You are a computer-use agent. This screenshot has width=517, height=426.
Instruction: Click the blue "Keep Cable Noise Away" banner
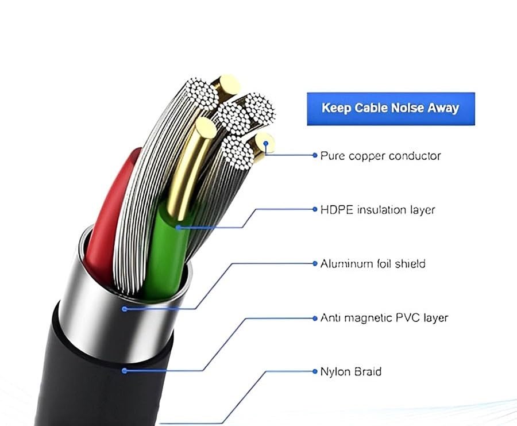[391, 109]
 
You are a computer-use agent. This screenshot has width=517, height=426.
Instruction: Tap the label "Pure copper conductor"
[380, 156]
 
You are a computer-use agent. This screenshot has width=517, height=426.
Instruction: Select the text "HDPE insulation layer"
[377, 209]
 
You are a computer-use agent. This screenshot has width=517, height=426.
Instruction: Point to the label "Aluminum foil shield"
[373, 264]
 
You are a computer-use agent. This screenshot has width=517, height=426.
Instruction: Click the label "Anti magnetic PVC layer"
[384, 318]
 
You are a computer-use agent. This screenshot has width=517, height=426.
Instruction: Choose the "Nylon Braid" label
[351, 371]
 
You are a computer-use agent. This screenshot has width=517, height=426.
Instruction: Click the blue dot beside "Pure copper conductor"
[315, 155]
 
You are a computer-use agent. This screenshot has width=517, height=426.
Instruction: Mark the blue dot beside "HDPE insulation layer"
[315, 209]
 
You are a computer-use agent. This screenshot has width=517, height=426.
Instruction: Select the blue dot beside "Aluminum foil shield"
[315, 263]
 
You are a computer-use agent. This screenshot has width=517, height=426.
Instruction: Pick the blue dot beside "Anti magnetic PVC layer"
[315, 318]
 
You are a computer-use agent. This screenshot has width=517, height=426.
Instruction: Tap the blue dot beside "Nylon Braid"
[315, 371]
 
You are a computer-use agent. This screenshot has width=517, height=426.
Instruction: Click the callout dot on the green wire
[178, 227]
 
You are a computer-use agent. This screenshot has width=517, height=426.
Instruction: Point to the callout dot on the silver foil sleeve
[124, 309]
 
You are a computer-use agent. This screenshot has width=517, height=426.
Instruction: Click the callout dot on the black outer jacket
[124, 371]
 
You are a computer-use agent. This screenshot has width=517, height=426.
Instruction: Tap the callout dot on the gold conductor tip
[266, 144]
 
